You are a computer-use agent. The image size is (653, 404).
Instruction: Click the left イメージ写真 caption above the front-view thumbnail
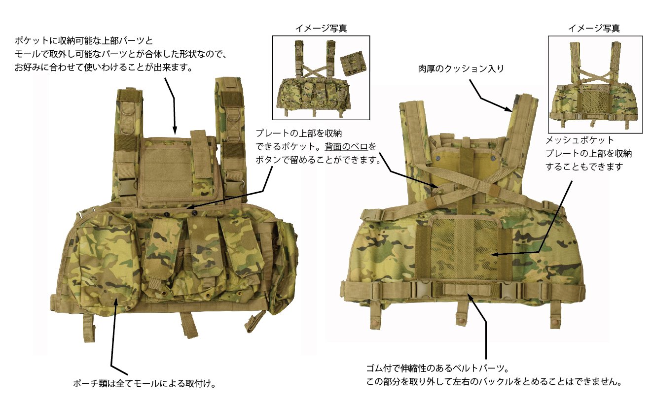click(321, 29)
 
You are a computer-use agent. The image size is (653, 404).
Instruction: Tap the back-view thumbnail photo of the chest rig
click(595, 84)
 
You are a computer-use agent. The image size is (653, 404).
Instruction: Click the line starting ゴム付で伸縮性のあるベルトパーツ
click(437, 369)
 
